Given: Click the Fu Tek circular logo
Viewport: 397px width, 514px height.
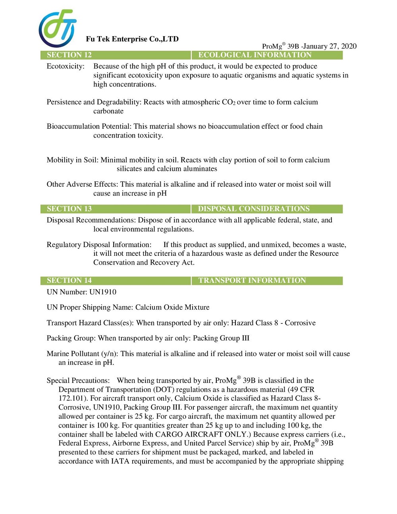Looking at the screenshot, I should pos(58,29).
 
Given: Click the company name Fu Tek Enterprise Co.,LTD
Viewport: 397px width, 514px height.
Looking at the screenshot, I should pos(132,39).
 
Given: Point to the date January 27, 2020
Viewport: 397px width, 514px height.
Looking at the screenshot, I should pos(330,46).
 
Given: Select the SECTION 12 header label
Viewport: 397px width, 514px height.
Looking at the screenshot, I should pos(69,55).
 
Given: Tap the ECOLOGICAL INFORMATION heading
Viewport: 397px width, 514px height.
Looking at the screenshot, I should pos(255,55).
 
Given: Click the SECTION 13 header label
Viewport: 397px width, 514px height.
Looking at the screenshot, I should pos(69,209).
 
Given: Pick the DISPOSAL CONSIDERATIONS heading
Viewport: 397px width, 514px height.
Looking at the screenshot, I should pos(254,209).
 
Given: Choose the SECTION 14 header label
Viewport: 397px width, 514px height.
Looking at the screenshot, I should pos(69,280).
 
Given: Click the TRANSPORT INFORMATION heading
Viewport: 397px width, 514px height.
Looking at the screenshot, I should pos(252,280).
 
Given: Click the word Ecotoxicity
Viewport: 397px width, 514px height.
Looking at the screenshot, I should pos(66,66).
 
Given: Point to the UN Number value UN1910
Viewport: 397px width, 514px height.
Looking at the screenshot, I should pos(103,292).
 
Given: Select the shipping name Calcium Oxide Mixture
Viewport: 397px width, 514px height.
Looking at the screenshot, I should pos(172,307).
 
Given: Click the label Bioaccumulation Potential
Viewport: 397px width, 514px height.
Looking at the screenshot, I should pos(89,126).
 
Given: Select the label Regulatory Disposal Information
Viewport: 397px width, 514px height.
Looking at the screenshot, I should pos(99,245).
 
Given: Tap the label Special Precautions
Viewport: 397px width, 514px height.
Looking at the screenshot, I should pos(78,381).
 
